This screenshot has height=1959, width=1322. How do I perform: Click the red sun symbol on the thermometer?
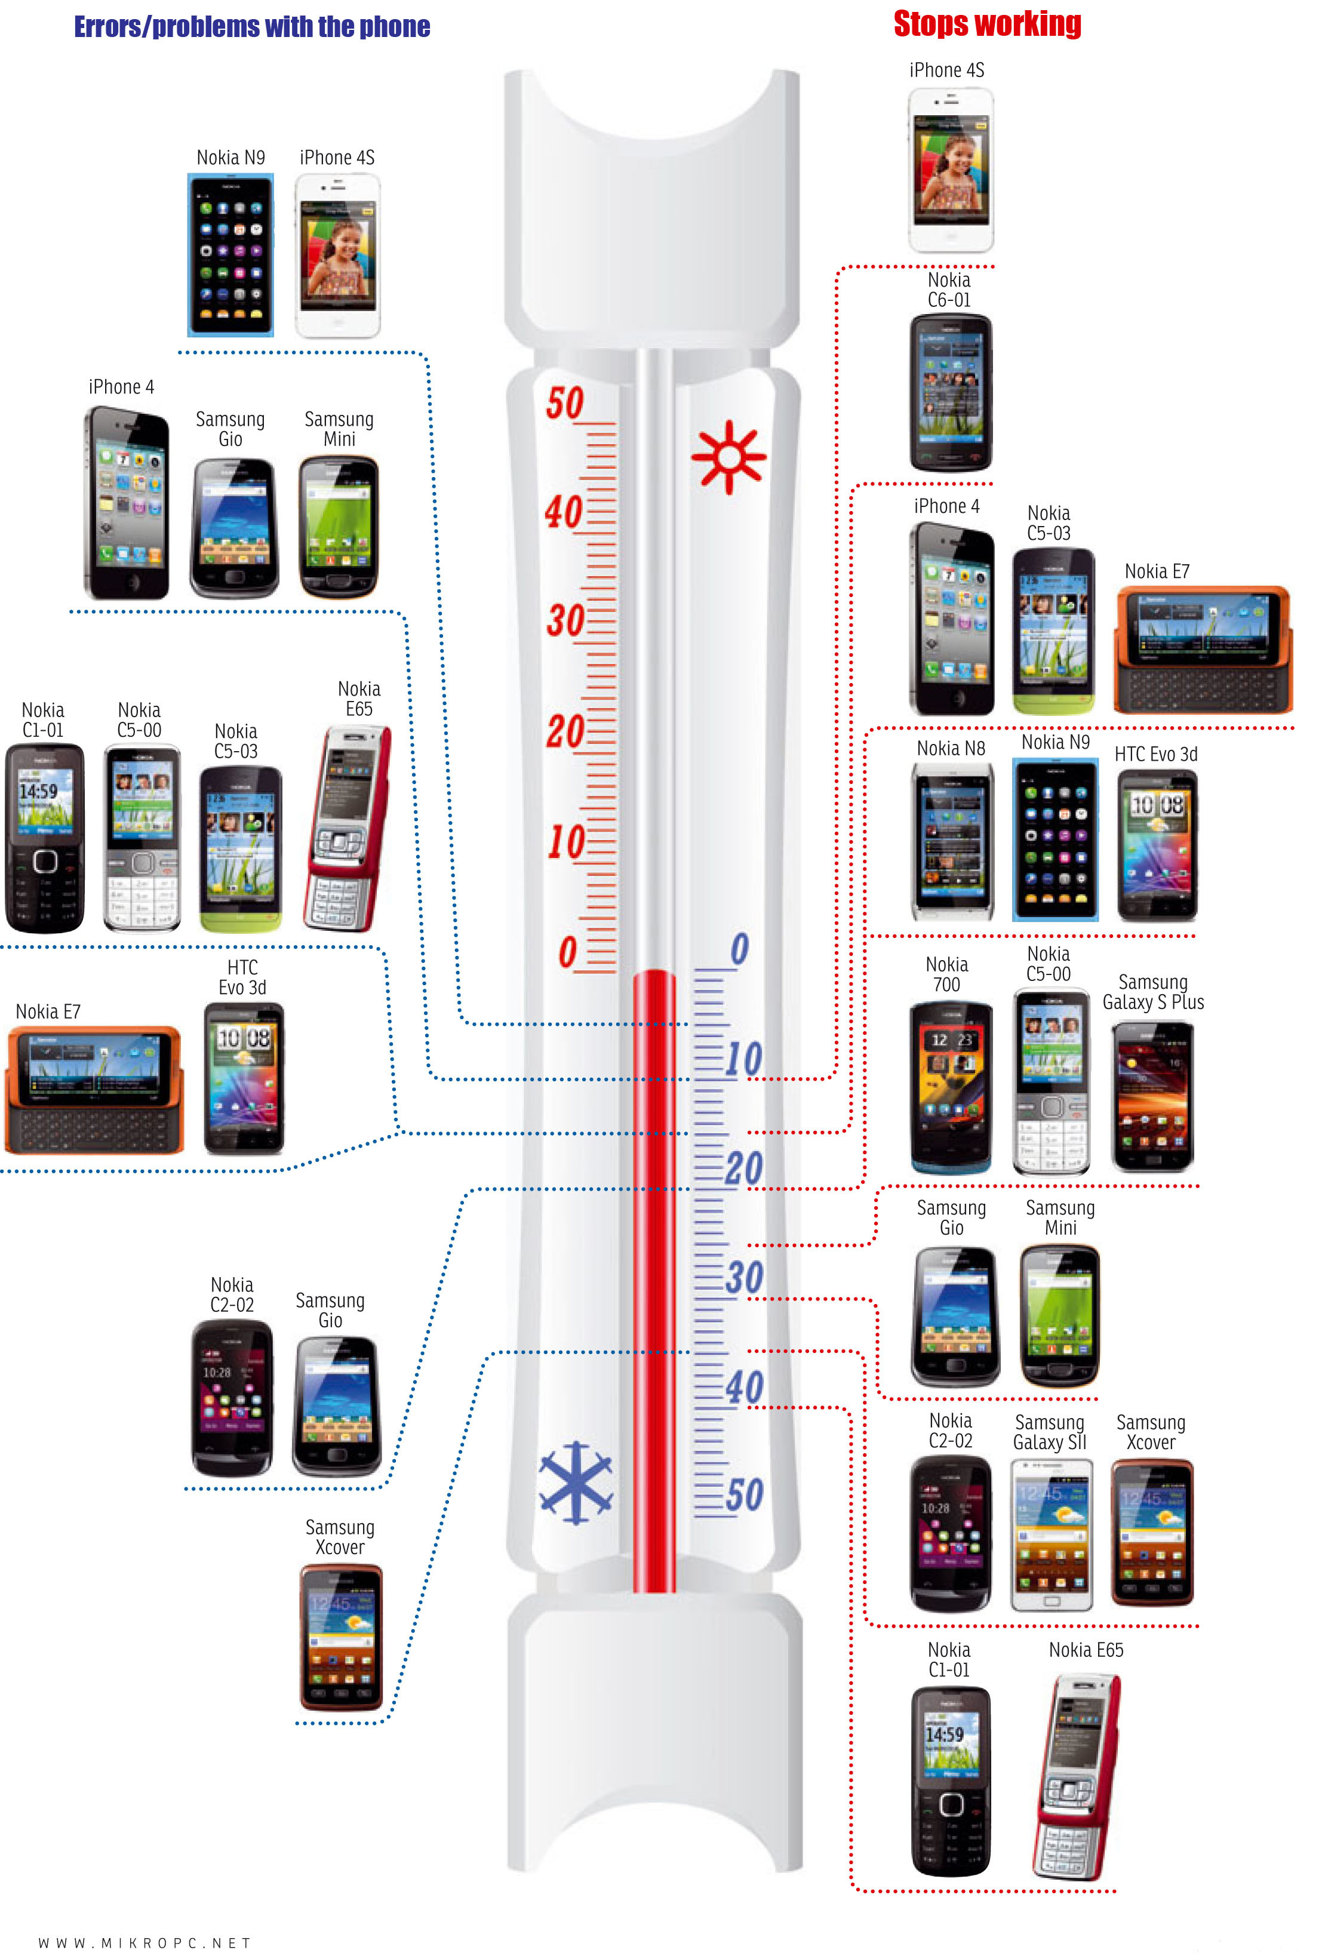tap(728, 457)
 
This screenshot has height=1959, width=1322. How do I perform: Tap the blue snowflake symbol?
tap(576, 1483)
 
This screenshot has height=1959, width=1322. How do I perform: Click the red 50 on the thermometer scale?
tap(564, 403)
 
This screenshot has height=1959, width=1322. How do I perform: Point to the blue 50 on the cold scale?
tap(743, 1496)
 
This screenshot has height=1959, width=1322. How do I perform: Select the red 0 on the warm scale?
tap(567, 952)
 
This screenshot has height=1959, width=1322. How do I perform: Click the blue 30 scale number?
tap(743, 1278)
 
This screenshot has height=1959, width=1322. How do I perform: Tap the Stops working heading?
tap(987, 24)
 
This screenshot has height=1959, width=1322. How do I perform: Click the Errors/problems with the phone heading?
tap(252, 27)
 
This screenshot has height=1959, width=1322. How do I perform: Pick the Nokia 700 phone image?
tap(950, 1087)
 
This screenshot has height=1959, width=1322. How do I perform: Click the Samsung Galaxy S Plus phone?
tap(1152, 1096)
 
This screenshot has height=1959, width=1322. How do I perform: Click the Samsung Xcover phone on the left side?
tap(340, 1637)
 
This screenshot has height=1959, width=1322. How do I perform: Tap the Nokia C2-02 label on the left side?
tap(232, 1295)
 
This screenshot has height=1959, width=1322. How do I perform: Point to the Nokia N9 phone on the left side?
tap(230, 254)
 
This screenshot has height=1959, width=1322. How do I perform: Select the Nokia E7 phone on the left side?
tap(94, 1089)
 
